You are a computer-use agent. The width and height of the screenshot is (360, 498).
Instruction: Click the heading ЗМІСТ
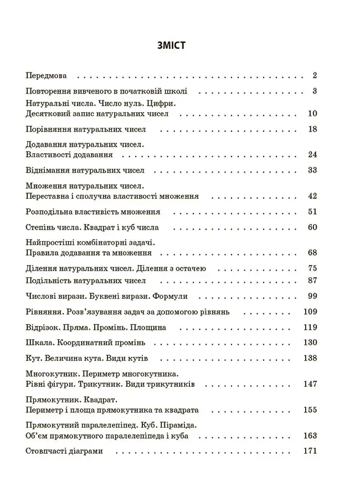click(x=171, y=45)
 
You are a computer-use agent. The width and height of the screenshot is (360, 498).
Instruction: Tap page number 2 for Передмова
click(x=314, y=76)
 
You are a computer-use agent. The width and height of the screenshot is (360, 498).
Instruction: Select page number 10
click(x=312, y=113)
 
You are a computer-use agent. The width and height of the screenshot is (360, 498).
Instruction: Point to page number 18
click(x=312, y=129)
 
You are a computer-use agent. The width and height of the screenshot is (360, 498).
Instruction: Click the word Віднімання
click(x=47, y=170)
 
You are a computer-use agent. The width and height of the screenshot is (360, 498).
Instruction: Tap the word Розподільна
click(x=51, y=212)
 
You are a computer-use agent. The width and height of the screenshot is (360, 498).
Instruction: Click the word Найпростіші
click(x=52, y=242)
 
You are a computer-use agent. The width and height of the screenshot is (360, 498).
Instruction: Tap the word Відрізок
click(x=43, y=328)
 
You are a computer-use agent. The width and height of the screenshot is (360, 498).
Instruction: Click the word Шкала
click(x=38, y=343)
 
